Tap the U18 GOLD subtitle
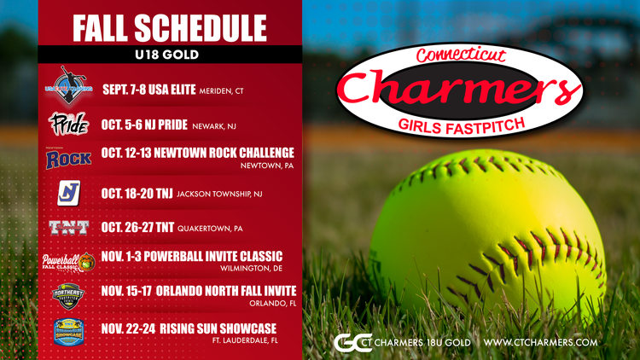point(169,54)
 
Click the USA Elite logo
point(68,85)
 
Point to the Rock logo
point(68,157)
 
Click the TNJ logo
point(68,194)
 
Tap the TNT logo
point(68,228)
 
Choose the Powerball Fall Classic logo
point(69,262)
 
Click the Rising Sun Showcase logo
point(68,330)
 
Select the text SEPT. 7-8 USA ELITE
point(148,88)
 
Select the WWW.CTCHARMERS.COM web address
point(540,342)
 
